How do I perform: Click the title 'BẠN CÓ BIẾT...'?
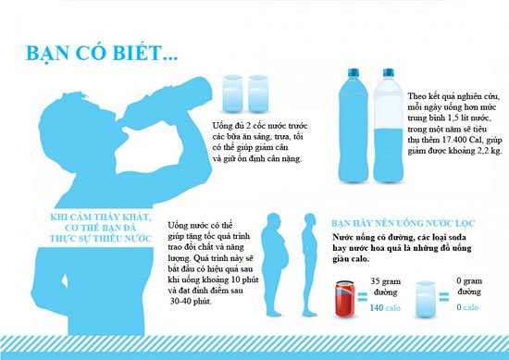(x=102, y=54)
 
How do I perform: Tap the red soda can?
(x=345, y=298)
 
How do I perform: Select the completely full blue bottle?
(x=354, y=125)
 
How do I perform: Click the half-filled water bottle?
(x=389, y=125)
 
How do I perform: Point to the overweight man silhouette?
(x=275, y=265)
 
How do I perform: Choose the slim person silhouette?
(x=309, y=265)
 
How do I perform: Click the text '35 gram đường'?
(x=386, y=287)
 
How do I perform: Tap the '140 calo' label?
(x=385, y=307)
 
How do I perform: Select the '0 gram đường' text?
(x=469, y=286)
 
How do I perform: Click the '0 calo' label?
(x=467, y=307)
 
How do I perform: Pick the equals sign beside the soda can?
(x=362, y=297)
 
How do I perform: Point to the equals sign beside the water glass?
(x=443, y=297)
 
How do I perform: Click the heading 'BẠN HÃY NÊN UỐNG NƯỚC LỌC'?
(x=403, y=224)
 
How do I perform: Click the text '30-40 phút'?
(x=191, y=302)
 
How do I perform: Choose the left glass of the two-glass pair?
(x=232, y=93)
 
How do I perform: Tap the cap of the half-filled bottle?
(x=389, y=72)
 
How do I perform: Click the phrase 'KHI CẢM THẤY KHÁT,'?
(x=101, y=217)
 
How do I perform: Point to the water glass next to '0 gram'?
(x=426, y=299)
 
